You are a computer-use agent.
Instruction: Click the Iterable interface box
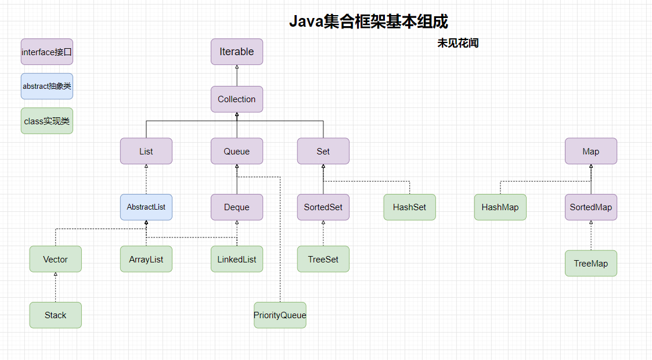(237, 52)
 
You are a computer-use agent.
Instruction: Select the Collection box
(237, 99)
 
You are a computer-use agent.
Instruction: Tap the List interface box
(146, 151)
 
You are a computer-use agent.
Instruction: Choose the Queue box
(237, 151)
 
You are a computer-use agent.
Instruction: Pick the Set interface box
(323, 151)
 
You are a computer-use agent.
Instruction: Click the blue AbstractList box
(146, 207)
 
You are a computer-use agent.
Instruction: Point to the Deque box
(237, 207)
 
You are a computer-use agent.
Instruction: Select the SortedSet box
(323, 207)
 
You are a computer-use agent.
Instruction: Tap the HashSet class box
(409, 207)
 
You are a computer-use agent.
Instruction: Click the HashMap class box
(500, 207)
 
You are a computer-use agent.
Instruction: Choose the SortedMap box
(591, 207)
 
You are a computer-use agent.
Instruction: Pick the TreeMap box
(591, 263)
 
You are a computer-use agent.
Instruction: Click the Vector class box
(56, 259)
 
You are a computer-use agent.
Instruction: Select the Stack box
(56, 315)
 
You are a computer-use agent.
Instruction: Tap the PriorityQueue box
(280, 315)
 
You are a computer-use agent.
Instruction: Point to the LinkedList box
(237, 259)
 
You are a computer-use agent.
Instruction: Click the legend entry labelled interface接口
(47, 52)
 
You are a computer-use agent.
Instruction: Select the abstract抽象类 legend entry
(47, 87)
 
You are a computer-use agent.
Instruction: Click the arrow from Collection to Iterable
(237, 75)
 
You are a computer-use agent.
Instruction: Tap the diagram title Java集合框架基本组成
(369, 21)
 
